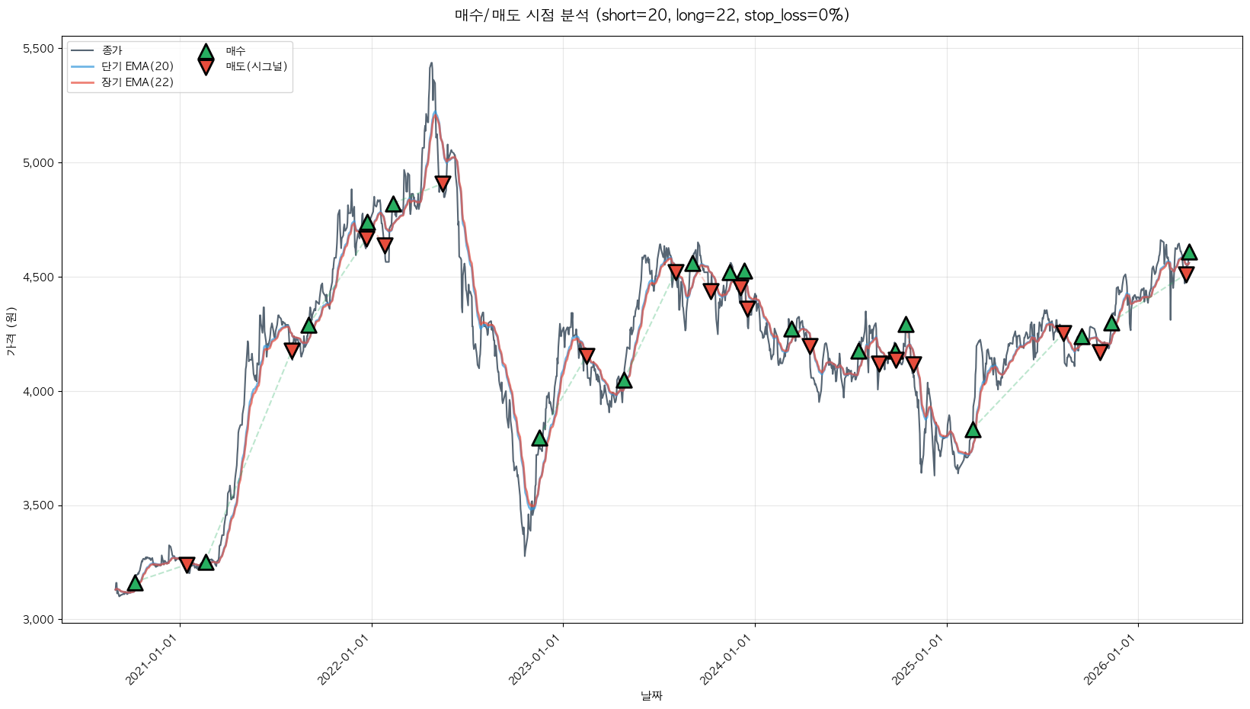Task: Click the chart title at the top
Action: (x=651, y=15)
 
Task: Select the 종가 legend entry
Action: (x=111, y=50)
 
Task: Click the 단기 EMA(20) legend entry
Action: (x=137, y=66)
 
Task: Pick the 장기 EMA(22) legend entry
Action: (x=137, y=82)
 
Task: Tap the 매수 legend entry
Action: (x=235, y=51)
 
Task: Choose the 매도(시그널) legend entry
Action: (x=256, y=66)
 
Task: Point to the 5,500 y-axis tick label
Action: (x=38, y=49)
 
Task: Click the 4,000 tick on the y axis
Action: (x=38, y=392)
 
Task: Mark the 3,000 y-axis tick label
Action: (x=38, y=620)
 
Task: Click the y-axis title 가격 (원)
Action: (x=11, y=332)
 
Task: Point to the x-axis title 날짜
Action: (x=651, y=695)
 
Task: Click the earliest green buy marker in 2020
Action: (x=135, y=583)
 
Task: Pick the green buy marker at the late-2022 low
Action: (x=539, y=438)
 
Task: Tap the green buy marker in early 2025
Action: (x=973, y=430)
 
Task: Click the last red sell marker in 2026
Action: (x=1186, y=274)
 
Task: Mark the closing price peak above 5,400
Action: (x=431, y=63)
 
